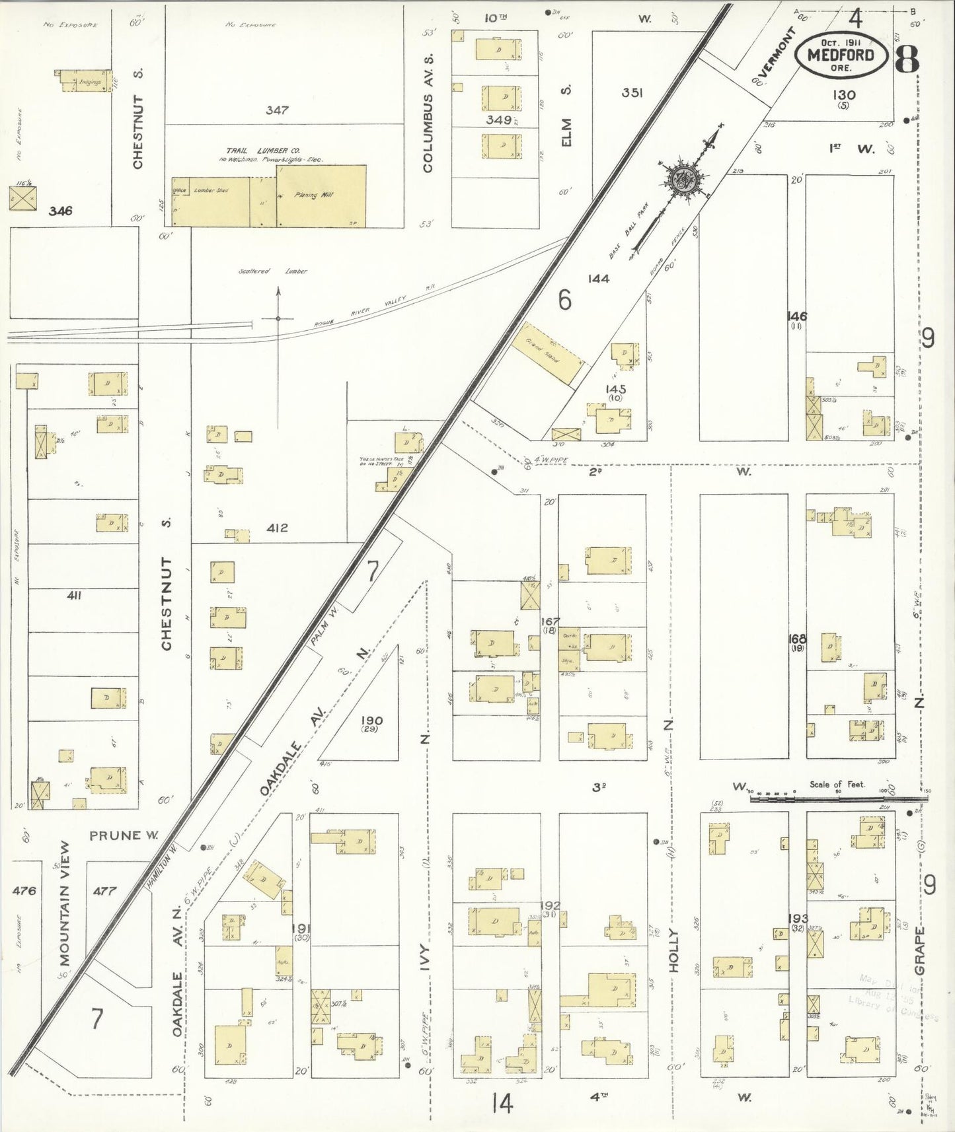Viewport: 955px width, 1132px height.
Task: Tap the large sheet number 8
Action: tap(906, 60)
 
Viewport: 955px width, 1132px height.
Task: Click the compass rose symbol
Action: tap(681, 178)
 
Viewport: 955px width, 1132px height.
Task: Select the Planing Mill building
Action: tap(321, 195)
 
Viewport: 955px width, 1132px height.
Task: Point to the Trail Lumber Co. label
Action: tap(262, 151)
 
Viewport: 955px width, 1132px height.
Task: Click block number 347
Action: tap(277, 110)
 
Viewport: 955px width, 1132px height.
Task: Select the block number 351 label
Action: tap(632, 92)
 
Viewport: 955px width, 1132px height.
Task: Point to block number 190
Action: tap(371, 721)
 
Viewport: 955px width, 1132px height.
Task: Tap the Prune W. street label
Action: tap(124, 835)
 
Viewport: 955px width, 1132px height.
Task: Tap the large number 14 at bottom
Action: tap(502, 1103)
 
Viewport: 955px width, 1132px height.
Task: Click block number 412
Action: tap(277, 528)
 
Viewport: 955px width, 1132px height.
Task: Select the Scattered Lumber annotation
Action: tap(273, 271)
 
